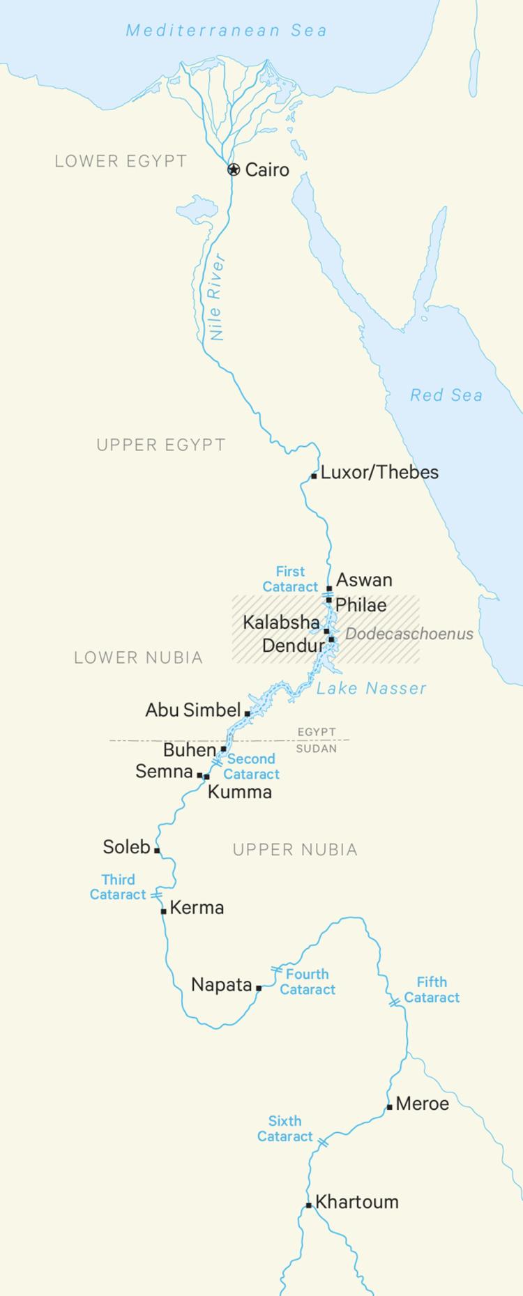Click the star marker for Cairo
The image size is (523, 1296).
pyautogui.click(x=234, y=169)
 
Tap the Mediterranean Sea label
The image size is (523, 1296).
pyautogui.click(x=226, y=31)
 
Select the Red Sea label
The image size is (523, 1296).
pyautogui.click(x=446, y=395)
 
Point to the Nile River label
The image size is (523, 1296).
pyautogui.click(x=218, y=298)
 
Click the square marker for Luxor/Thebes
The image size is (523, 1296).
pyautogui.click(x=314, y=477)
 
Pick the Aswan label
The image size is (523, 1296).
pyautogui.click(x=364, y=580)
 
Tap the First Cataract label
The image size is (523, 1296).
pyautogui.click(x=290, y=579)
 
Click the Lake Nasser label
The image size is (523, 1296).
pyautogui.click(x=371, y=689)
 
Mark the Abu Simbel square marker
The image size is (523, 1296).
pyautogui.click(x=247, y=714)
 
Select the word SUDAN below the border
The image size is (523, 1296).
pyautogui.click(x=317, y=748)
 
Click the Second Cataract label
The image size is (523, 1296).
pyautogui.click(x=251, y=766)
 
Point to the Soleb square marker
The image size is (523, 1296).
pyautogui.click(x=157, y=850)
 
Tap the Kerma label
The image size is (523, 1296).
pyautogui.click(x=197, y=908)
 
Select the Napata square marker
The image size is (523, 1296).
pyautogui.click(x=259, y=987)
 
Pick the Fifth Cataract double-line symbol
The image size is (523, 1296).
pyautogui.click(x=395, y=1001)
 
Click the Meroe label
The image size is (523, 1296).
pyautogui.click(x=422, y=1104)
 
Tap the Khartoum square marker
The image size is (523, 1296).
pyautogui.click(x=308, y=1205)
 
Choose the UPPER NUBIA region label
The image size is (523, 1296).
pyautogui.click(x=295, y=849)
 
